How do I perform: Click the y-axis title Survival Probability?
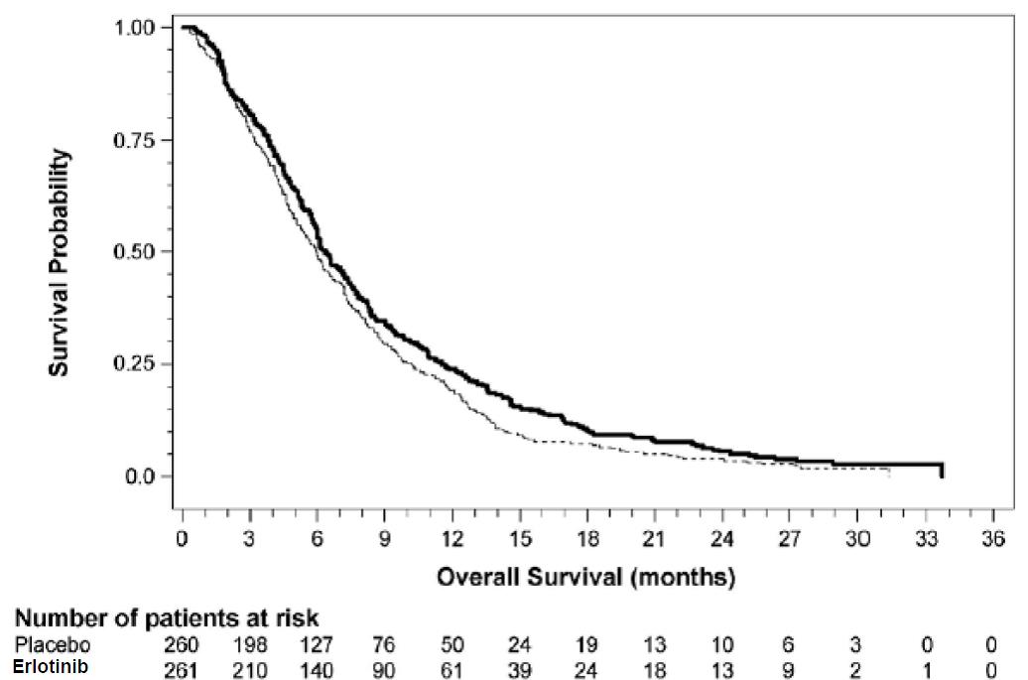pos(60,263)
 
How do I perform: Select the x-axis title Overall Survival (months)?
pos(586,576)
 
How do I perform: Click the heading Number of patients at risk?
pos(167,618)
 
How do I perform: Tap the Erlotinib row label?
pos(51,665)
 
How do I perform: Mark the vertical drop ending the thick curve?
pos(941,471)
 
